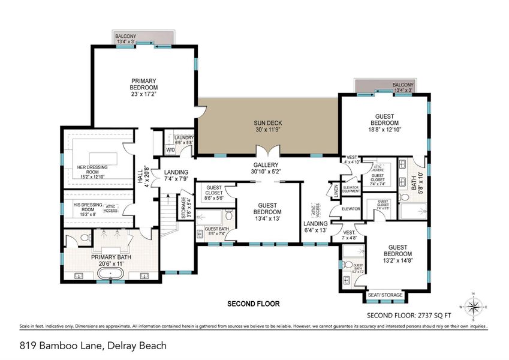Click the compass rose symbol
coord(473,307)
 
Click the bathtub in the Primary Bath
coord(112,277)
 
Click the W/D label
coord(170,150)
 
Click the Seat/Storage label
coord(384,295)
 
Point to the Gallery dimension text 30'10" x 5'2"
coord(267,171)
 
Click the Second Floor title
coord(253,304)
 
